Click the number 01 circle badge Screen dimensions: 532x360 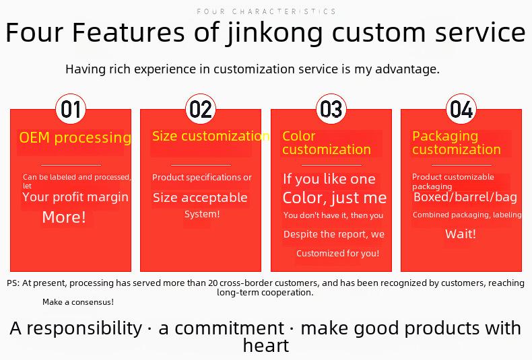[71, 109]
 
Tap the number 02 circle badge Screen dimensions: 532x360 [201, 109]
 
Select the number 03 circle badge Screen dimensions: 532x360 [331, 109]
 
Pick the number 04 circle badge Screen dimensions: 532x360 [461, 109]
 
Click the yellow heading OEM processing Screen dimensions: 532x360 [75, 138]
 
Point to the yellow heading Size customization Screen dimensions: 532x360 [211, 136]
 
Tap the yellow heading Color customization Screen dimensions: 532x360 [327, 143]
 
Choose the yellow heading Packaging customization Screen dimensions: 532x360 [457, 143]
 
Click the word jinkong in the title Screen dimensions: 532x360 [275, 32]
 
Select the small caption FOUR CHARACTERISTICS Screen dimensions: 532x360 [267, 11]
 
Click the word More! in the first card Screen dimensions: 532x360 [64, 217]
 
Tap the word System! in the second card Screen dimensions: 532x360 [202, 214]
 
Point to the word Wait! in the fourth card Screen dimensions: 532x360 [461, 234]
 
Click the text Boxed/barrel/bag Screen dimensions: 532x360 [465, 197]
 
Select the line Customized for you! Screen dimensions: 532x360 [337, 253]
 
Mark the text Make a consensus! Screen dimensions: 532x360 [78, 302]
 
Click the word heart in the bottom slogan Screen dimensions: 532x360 [266, 346]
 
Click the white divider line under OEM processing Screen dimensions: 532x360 [71, 165]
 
